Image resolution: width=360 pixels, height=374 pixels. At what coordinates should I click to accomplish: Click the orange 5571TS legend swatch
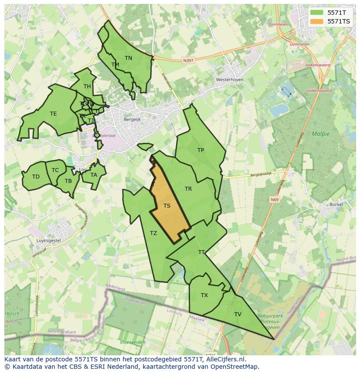pos(317,21)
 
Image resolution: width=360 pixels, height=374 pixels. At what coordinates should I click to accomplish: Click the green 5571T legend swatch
pos(317,13)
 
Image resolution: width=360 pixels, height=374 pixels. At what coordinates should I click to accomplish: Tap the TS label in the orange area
pos(167,206)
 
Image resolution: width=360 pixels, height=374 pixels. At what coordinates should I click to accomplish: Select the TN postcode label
pos(128,58)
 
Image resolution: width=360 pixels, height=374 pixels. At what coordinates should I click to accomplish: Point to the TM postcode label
pos(115,65)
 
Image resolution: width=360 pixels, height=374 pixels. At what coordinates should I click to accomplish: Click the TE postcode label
pos(53,114)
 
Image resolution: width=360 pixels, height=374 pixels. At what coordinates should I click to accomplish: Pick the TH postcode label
pos(87,86)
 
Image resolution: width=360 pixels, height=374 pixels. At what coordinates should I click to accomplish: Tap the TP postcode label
pos(200,150)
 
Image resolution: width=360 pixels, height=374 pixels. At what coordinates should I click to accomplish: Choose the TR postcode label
pos(188,189)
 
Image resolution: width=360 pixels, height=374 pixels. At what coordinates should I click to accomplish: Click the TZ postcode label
pos(153,233)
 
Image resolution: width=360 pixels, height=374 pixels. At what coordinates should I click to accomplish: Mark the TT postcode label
pos(201,252)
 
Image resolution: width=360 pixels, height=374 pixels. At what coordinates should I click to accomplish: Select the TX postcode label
pos(204,295)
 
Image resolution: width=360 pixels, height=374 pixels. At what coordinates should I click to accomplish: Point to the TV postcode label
pos(238,314)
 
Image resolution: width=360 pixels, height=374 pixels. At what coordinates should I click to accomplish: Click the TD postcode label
pos(36,177)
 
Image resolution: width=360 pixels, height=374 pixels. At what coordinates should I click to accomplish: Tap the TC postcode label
pos(55,170)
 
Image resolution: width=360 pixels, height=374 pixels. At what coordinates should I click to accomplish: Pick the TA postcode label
pos(94,175)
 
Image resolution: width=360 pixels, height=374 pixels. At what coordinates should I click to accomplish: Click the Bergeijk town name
pos(132,119)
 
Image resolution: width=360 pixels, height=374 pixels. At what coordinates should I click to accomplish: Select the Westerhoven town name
pos(230,80)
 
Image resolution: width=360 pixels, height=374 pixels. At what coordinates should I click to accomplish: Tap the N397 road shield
pos(188,61)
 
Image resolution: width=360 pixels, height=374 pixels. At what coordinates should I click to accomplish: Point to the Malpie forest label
pos(321,134)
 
